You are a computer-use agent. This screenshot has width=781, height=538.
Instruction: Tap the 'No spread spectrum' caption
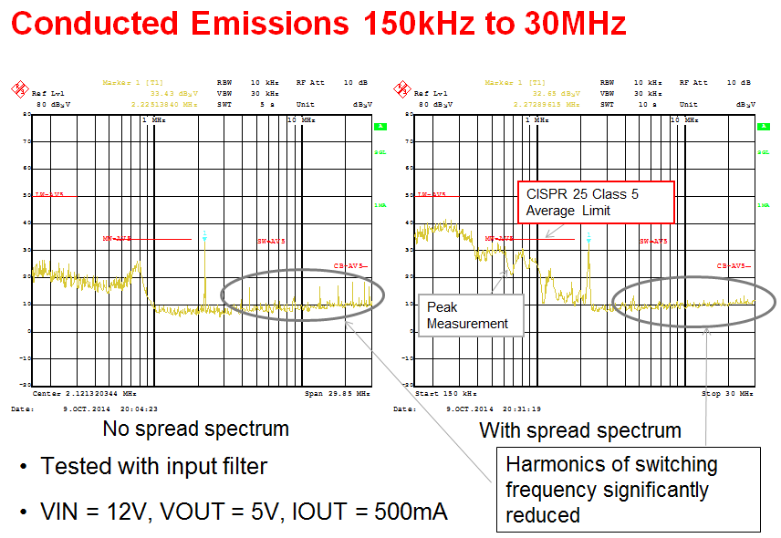(195, 429)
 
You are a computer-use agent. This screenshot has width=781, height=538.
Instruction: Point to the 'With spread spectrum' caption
(579, 430)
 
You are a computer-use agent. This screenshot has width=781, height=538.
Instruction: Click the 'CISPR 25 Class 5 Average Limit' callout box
(596, 202)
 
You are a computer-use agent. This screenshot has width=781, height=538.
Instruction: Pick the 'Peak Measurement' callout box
(468, 316)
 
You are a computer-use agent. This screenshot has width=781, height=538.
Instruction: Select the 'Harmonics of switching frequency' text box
(628, 490)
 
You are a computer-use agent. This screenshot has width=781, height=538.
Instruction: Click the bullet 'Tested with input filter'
(154, 467)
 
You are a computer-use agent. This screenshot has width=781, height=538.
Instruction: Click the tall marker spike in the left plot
(205, 264)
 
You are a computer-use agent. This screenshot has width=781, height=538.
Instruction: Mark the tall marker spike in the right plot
(589, 264)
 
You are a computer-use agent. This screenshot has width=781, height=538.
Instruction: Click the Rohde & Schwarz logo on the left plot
(18, 88)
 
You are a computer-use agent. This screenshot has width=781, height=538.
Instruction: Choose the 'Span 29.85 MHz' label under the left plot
(338, 394)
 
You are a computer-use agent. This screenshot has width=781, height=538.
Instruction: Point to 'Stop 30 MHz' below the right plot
(726, 394)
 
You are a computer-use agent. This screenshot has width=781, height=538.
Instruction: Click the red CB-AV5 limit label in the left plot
(352, 266)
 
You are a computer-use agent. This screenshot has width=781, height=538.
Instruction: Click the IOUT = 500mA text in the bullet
(378, 511)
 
